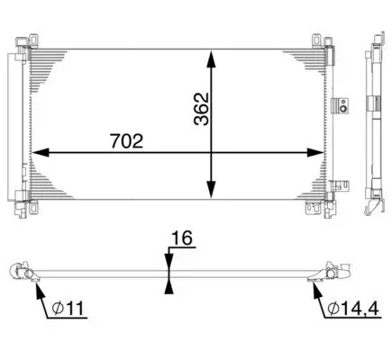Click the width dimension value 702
click(x=126, y=141)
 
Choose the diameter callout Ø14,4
click(x=352, y=310)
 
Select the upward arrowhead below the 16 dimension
click(x=169, y=285)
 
